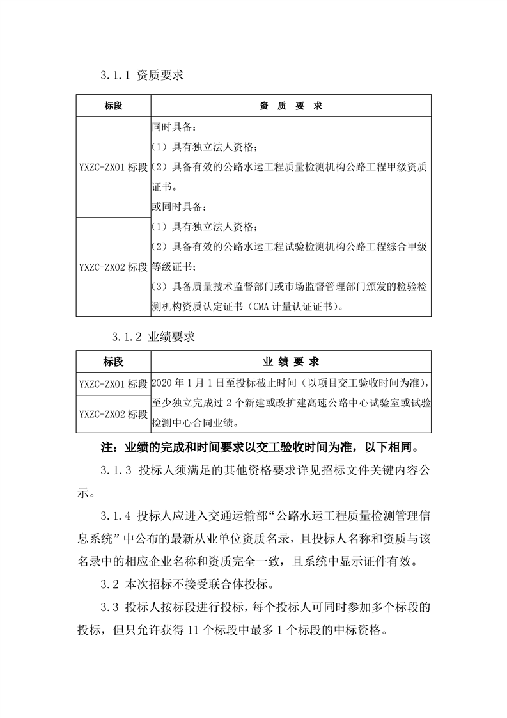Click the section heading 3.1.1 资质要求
point(142,76)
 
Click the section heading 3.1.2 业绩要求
point(153,337)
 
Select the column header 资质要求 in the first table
point(291,106)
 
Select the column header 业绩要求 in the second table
point(291,362)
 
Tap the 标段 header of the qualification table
point(113,106)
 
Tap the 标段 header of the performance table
point(113,362)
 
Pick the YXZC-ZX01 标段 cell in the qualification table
point(113,168)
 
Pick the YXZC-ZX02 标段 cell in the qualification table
point(113,267)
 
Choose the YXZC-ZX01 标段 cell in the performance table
point(113,384)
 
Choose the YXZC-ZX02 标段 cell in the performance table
point(113,414)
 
